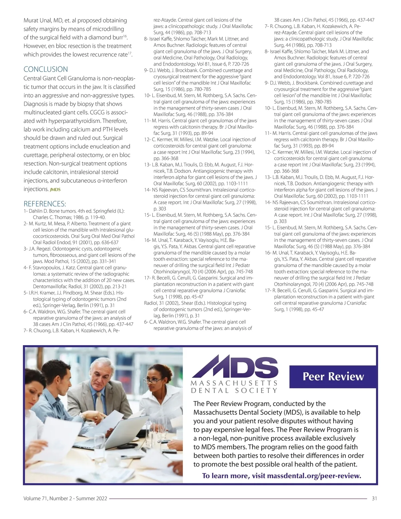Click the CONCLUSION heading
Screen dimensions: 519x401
tap(45, 69)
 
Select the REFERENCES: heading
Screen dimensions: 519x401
tap(45, 204)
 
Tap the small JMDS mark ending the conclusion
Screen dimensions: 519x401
tap(55, 190)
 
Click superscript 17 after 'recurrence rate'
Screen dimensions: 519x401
tap(130, 52)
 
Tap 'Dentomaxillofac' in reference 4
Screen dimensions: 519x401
tap(49, 286)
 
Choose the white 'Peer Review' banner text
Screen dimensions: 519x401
tap(333, 376)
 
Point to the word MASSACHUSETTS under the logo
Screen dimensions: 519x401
tap(234, 383)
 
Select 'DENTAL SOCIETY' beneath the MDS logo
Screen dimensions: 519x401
tap(234, 390)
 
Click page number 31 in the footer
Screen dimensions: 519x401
tap(374, 498)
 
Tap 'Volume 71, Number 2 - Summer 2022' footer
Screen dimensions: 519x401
tap(65, 498)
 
